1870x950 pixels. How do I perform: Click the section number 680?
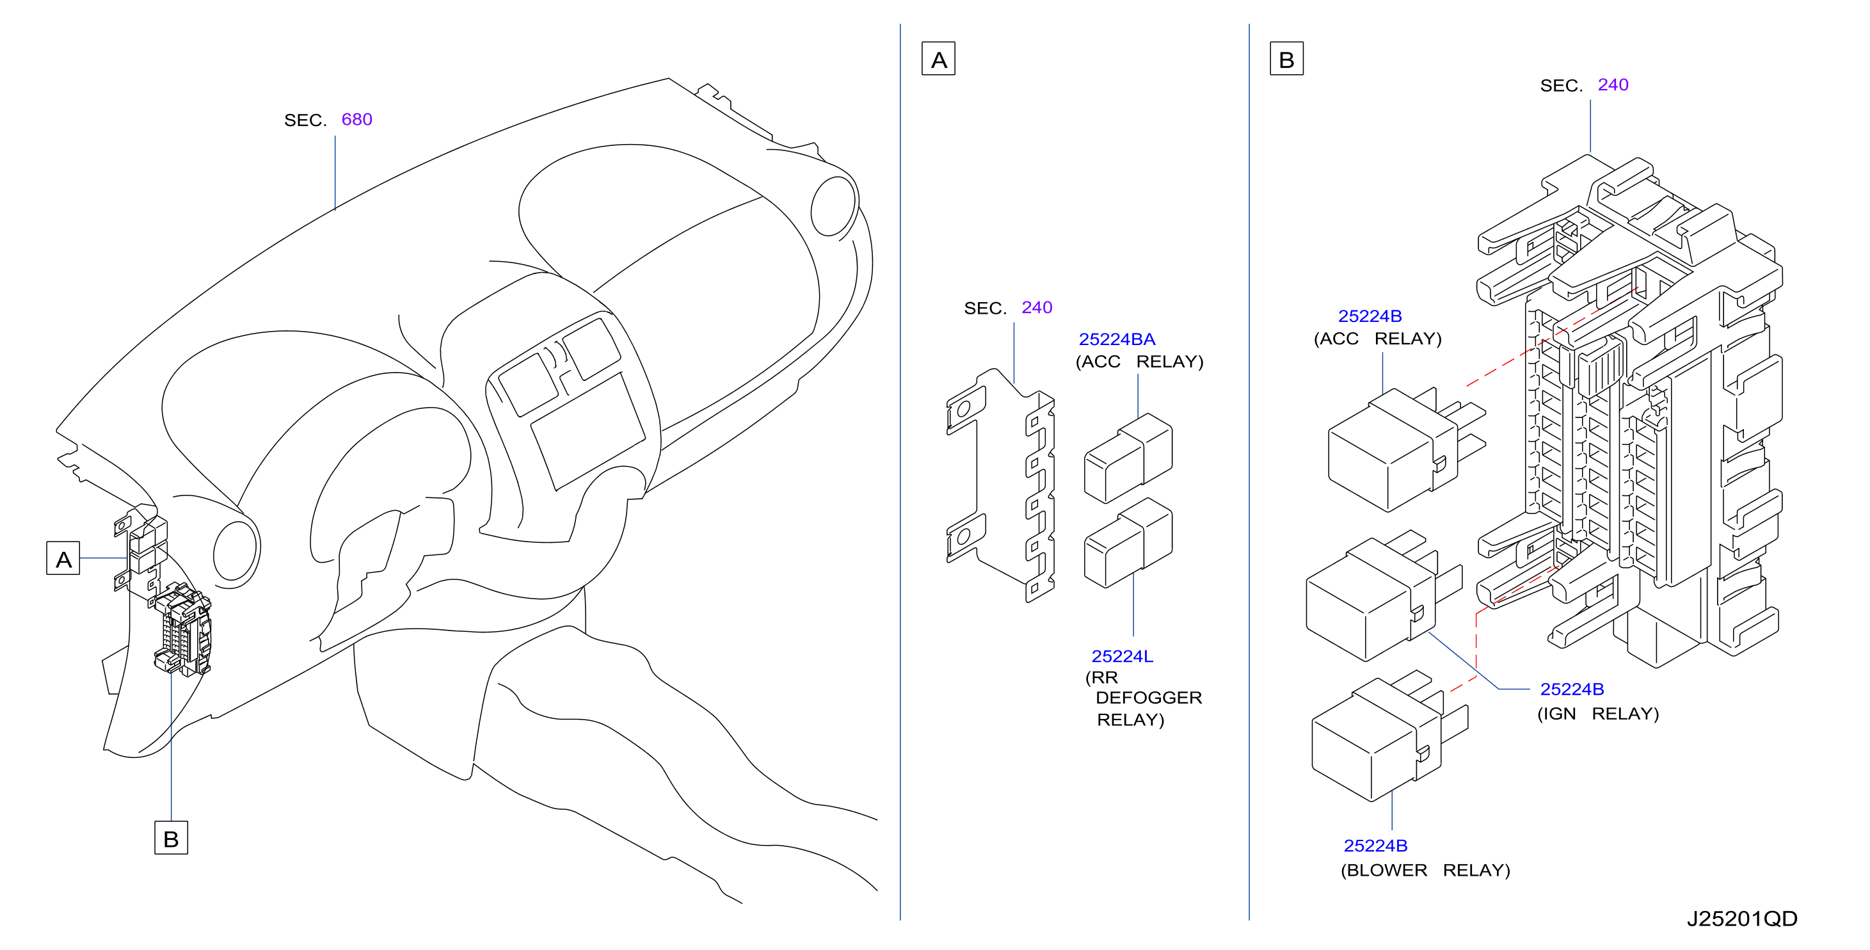356,119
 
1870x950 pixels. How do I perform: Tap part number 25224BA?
1117,339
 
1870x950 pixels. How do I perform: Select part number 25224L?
1123,656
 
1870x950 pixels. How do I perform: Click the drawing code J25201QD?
1741,919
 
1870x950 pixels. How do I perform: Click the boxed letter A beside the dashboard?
63,558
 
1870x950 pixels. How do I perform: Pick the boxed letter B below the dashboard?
172,838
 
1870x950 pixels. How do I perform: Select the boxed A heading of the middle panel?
939,59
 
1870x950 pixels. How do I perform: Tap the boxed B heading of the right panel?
1286,59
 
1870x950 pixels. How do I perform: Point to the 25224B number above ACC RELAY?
1370,316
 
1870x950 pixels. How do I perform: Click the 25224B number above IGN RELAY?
1572,689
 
